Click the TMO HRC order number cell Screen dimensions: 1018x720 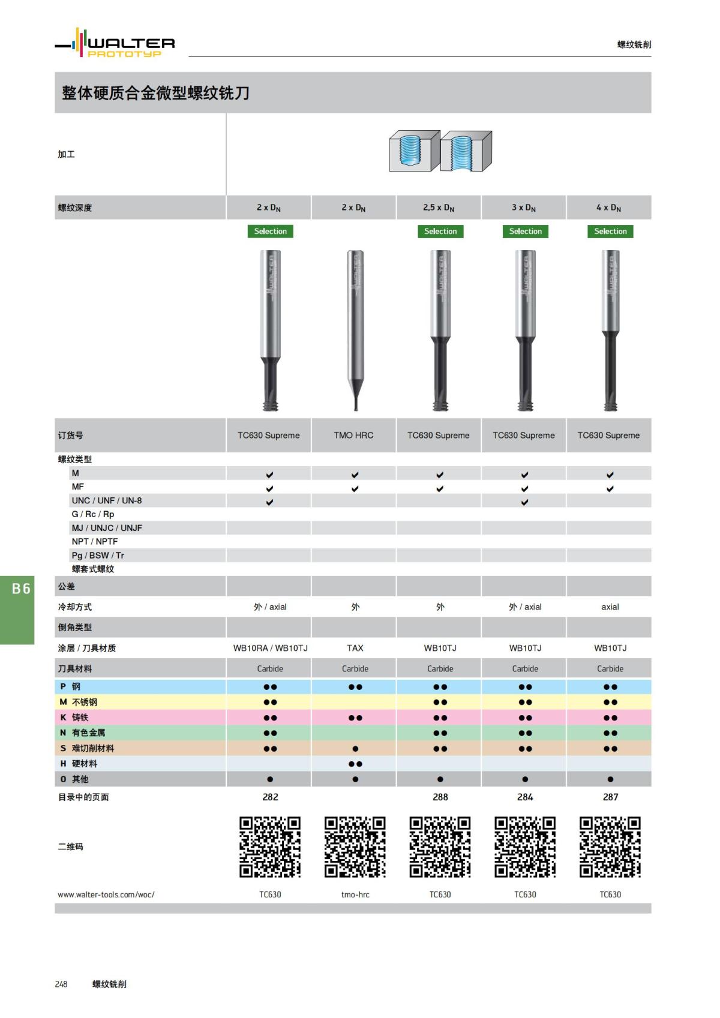click(353, 436)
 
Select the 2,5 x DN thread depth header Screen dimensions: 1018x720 click(439, 208)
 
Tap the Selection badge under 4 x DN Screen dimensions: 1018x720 click(610, 232)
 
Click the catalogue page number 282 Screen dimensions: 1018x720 click(270, 797)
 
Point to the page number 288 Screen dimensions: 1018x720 click(440, 797)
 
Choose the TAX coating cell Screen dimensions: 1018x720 click(355, 648)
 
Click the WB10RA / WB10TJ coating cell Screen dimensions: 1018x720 click(270, 648)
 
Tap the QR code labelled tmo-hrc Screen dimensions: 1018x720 click(355, 846)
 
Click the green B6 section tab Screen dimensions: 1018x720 click(17, 610)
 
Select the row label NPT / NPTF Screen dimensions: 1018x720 click(95, 542)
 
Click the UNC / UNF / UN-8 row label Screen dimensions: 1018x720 click(107, 500)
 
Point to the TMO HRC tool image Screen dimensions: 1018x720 click(355, 330)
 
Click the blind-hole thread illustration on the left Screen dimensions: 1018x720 click(414, 151)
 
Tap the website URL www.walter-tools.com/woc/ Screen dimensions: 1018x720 click(106, 894)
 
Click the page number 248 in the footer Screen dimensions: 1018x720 click(61, 984)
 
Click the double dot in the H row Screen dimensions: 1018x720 click(355, 764)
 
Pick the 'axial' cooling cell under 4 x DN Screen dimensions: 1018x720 click(610, 607)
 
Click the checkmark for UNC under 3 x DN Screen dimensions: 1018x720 click(525, 502)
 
